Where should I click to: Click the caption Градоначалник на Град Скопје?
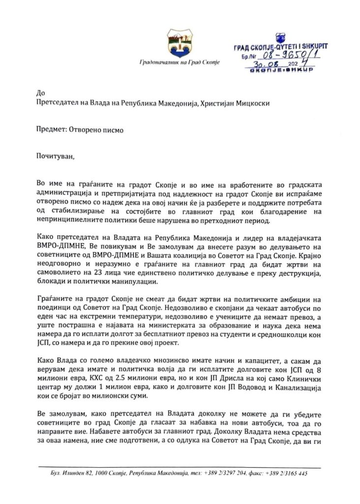(179, 63)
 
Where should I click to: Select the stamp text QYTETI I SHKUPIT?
(299, 46)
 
